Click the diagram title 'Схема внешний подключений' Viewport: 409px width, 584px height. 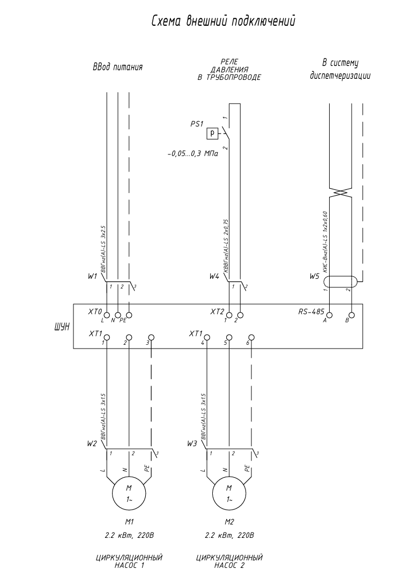pyautogui.click(x=224, y=21)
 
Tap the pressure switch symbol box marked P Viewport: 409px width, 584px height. pyautogui.click(x=213, y=132)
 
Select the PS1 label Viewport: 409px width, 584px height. pyautogui.click(x=197, y=123)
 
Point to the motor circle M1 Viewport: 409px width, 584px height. pyautogui.click(x=129, y=493)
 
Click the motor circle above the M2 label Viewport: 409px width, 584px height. pyautogui.click(x=229, y=493)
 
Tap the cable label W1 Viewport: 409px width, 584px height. pyautogui.click(x=93, y=277)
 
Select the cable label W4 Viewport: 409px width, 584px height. pyautogui.click(x=214, y=277)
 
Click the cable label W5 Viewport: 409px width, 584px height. pyautogui.click(x=314, y=277)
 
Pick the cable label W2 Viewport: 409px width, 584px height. pyautogui.click(x=92, y=444)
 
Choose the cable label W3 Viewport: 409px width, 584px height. pyautogui.click(x=192, y=444)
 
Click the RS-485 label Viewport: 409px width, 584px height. pyautogui.click(x=310, y=311)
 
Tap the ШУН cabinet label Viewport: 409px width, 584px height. pyautogui.click(x=61, y=326)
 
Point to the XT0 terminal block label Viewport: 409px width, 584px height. pyautogui.click(x=94, y=311)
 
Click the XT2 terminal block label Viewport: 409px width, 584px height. pyautogui.click(x=217, y=311)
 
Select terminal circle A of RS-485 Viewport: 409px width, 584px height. pyautogui.click(x=330, y=315)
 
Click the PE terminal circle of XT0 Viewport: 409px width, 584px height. pyautogui.click(x=129, y=315)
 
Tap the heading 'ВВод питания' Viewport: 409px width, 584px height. pyautogui.click(x=117, y=68)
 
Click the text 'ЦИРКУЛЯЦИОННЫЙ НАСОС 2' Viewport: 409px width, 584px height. pyautogui.click(x=229, y=561)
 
